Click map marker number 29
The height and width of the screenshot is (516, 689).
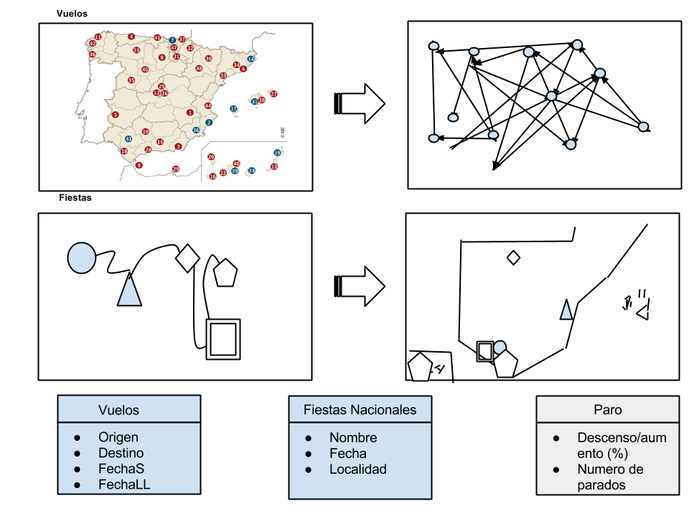[176, 169]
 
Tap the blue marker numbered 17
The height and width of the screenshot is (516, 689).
[233, 109]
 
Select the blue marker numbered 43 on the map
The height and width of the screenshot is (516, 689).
[128, 138]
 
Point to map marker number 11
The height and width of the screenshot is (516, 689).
[98, 37]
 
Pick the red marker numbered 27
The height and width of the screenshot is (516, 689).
[273, 94]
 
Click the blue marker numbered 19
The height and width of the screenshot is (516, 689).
[277, 153]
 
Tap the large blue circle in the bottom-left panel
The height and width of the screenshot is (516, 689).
[81, 257]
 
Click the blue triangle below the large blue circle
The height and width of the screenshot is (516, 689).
[129, 291]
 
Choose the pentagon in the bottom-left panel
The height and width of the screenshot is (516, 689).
[225, 272]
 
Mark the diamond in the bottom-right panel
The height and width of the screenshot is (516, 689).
[513, 258]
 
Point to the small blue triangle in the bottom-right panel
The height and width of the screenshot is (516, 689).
[566, 310]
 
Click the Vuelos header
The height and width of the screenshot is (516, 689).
[118, 410]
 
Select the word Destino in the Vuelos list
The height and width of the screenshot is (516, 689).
[121, 453]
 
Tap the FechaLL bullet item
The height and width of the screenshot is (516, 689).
[124, 484]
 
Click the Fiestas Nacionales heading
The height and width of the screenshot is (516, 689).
[360, 410]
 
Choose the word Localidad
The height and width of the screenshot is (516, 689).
[357, 469]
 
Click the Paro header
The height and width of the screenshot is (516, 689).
[607, 410]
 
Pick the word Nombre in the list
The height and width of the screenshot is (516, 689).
[352, 437]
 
